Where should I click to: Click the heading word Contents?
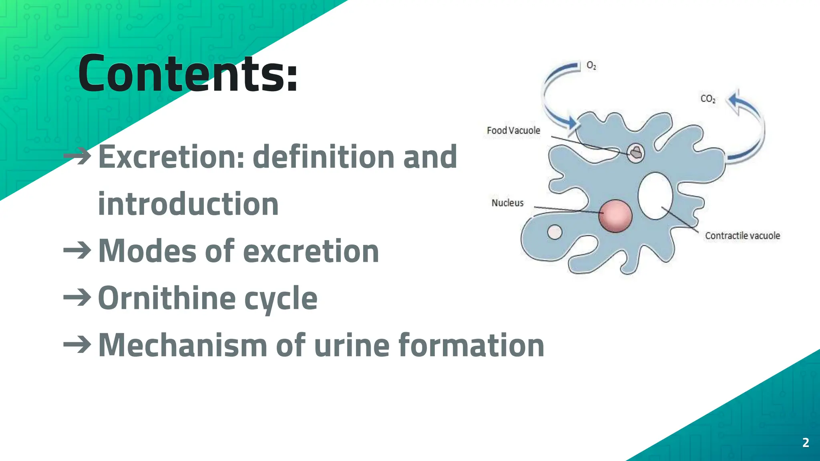coord(187,74)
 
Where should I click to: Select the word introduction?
coord(188,204)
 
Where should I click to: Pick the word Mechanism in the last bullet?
coord(183,345)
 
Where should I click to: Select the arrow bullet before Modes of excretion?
coord(77,251)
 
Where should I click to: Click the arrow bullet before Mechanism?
coord(77,345)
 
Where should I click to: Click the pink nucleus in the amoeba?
coord(615,216)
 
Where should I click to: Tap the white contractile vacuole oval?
coord(655,196)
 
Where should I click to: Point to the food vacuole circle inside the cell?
coord(635,152)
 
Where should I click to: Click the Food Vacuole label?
coord(513,130)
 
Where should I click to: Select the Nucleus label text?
coord(507,203)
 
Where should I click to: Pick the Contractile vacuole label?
coord(742,236)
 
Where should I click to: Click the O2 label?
coord(591,65)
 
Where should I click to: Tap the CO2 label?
coord(707,98)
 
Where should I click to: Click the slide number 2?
coord(806,442)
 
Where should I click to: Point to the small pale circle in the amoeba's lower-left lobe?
coord(555,232)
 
